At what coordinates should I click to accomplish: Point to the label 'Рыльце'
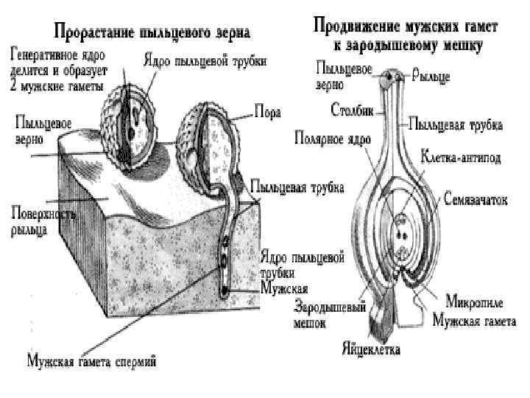pyautogui.click(x=431, y=75)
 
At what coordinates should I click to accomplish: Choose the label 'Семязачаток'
pyautogui.click(x=476, y=199)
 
